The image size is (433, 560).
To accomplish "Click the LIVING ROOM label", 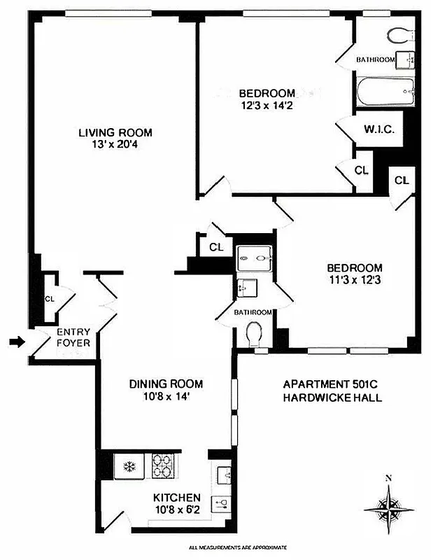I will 115,132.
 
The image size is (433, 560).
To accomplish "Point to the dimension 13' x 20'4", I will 115,146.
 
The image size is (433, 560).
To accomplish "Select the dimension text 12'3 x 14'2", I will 267,106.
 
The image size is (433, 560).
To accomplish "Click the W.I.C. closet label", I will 380,130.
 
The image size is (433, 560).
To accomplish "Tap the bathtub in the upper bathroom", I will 385,91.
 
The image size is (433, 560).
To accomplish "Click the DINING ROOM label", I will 166,384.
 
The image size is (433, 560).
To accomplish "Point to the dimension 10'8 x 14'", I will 166,397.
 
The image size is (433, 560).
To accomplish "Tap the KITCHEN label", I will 177,498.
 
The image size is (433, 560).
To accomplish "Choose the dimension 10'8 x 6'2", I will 177,510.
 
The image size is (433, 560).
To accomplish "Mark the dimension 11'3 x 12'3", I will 355,281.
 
